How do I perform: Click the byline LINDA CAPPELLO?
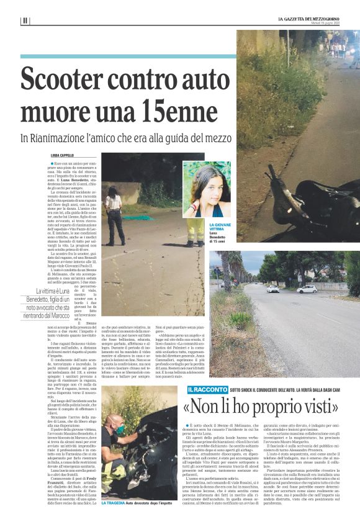click(x=62, y=155)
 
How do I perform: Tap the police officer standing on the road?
click(x=115, y=217)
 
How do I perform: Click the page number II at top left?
click(x=25, y=20)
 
